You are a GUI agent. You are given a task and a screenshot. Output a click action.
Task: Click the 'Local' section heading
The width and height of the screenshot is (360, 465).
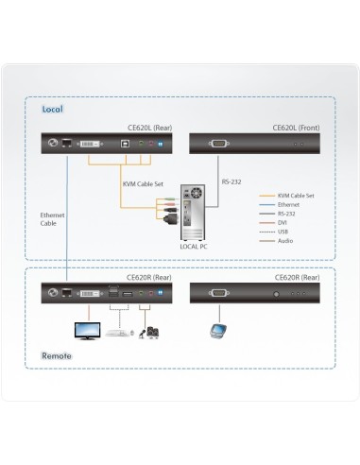tap(53, 109)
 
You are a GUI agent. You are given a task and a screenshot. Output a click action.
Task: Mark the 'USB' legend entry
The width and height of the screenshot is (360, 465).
tap(284, 231)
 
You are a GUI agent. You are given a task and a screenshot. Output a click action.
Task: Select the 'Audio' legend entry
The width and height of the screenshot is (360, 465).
tap(286, 240)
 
